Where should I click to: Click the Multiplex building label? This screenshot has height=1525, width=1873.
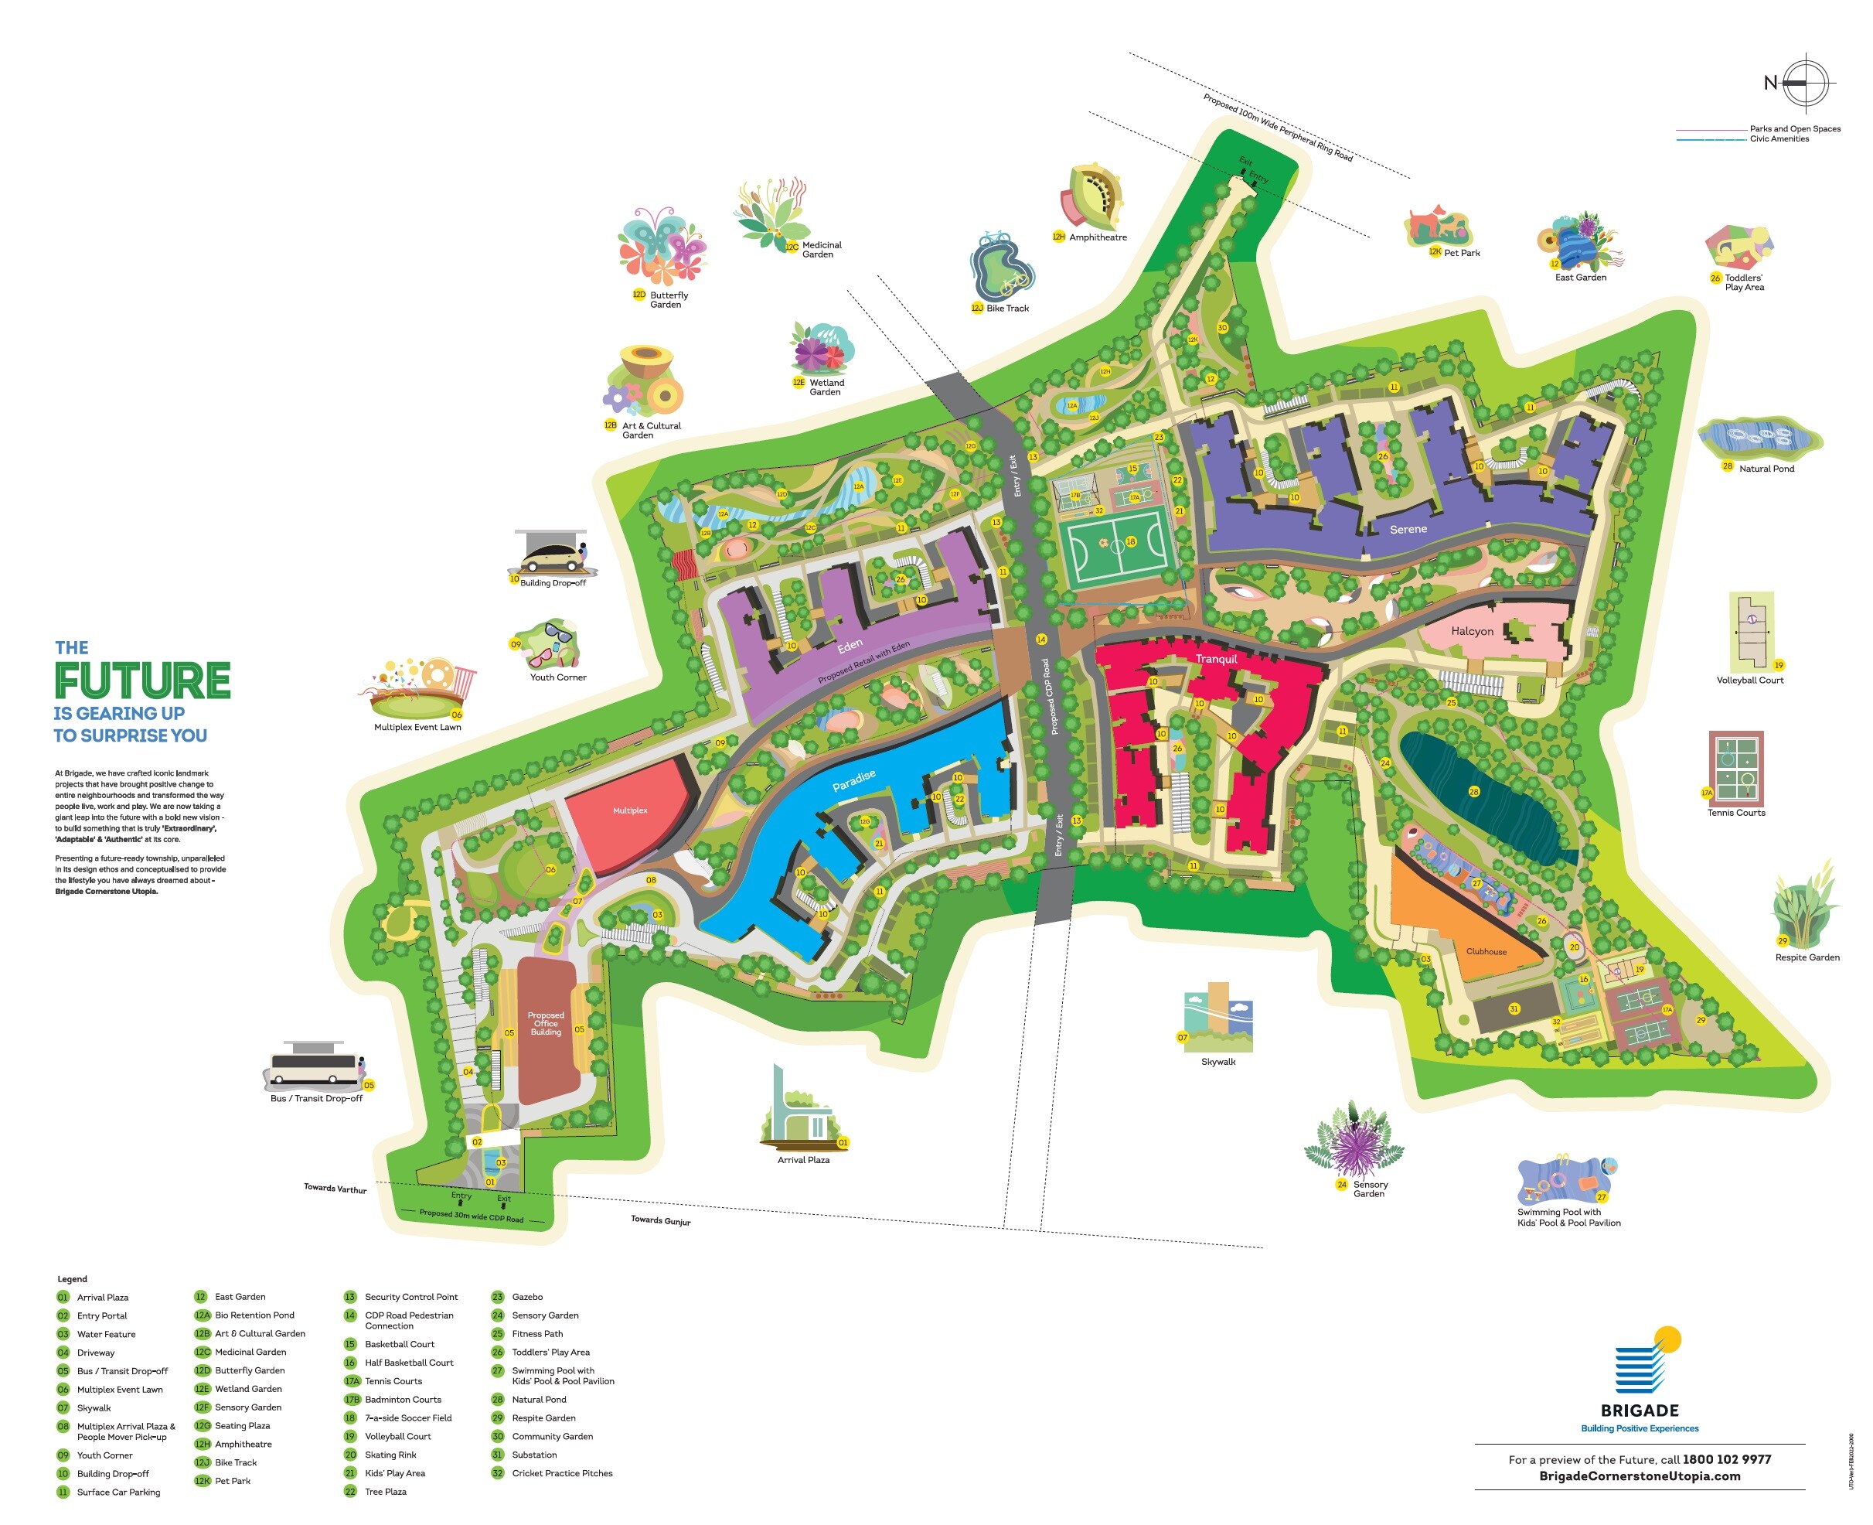coord(629,810)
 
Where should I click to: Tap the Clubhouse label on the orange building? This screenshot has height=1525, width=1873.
coord(1486,951)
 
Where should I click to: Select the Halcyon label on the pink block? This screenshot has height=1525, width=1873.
coord(1472,631)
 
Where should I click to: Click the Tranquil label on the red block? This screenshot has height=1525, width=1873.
coord(1215,659)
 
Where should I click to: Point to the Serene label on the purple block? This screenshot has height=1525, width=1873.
coord(1408,529)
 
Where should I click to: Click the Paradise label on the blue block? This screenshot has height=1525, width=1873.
coord(853,780)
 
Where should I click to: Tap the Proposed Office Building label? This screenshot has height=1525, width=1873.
coord(545,1023)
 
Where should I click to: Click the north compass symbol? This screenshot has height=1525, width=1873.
coord(1803,83)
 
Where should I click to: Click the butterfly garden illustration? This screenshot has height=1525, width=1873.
coord(661,245)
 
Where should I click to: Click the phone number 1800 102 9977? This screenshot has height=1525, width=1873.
coord(1725,1459)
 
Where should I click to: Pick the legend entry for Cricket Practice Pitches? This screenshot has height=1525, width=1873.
coord(562,1473)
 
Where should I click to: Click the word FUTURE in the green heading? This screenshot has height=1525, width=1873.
coord(142,681)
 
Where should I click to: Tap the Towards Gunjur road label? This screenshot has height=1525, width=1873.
coord(660,1220)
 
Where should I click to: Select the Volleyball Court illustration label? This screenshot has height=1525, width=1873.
coord(1749,680)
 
